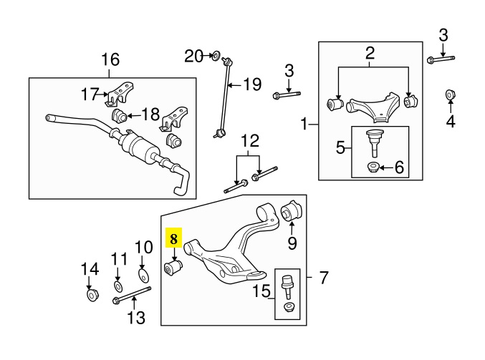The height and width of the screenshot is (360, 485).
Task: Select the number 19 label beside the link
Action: (252, 85)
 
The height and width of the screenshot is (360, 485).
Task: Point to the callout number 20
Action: (194, 55)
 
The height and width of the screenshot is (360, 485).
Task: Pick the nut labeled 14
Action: (92, 294)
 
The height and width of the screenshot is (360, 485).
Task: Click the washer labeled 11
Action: (118, 286)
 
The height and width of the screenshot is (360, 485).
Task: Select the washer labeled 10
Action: (143, 276)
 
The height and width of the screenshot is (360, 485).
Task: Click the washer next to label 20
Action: (215, 55)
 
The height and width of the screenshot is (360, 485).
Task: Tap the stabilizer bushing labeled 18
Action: (120, 115)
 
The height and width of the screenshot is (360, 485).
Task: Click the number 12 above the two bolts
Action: (249, 140)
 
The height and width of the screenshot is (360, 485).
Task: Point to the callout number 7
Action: (323, 276)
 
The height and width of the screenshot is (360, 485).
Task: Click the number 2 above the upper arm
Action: (370, 52)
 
